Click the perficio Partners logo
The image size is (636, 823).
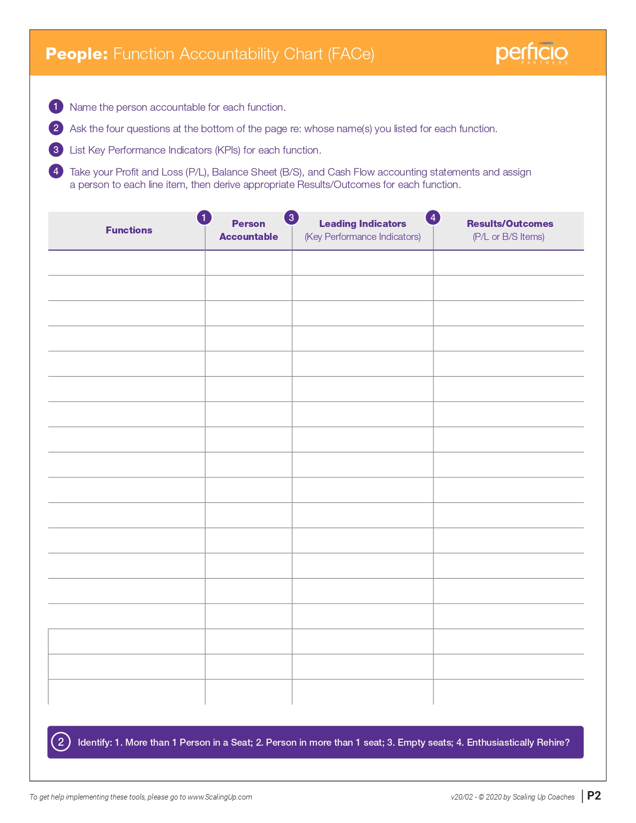531,53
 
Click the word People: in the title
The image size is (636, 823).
76,54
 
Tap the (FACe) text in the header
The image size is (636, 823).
351,54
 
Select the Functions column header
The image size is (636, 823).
129,230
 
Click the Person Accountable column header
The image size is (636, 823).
248,230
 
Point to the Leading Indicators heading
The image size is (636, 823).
363,224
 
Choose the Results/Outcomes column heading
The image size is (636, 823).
510,224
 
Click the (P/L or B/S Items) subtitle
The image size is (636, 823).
508,237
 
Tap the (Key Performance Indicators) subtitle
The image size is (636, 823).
363,237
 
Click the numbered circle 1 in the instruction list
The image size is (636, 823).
56,106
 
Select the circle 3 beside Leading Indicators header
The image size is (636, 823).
291,217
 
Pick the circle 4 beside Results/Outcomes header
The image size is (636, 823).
433,217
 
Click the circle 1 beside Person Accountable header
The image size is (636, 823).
204,217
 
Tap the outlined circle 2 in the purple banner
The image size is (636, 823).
61,742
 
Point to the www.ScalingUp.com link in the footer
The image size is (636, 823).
219,797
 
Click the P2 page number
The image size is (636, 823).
594,796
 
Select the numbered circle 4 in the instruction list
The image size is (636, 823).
56,171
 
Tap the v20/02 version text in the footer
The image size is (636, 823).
461,797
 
